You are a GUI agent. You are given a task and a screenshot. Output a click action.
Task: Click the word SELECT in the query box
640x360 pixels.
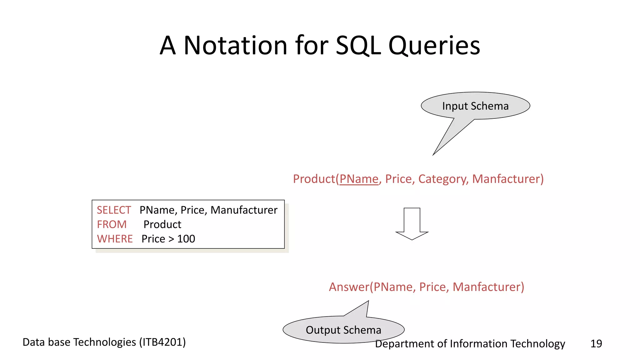pos(114,210)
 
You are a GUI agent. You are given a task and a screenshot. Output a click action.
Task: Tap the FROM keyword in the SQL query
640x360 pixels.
pos(112,224)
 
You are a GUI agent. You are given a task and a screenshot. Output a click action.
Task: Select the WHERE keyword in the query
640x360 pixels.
pos(115,239)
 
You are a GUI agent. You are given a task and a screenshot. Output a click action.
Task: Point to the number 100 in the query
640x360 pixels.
pos(186,239)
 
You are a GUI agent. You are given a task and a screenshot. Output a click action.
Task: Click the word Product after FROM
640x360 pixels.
pos(162,224)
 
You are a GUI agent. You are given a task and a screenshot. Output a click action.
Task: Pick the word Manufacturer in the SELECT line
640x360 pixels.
pos(244,210)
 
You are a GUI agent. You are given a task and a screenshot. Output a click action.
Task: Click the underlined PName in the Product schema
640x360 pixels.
pos(359,179)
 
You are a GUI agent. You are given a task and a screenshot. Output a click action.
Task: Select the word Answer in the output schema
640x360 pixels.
pos(349,287)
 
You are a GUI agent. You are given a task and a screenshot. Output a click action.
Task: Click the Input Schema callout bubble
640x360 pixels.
pos(475,106)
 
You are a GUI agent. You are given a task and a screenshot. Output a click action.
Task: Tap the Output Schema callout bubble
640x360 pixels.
pos(343,330)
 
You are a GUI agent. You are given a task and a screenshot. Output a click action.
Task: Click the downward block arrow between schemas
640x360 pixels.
pos(412,224)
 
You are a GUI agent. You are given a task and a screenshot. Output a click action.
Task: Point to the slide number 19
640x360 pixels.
pos(596,343)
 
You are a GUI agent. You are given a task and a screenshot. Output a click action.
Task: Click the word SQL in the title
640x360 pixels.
pos(358,46)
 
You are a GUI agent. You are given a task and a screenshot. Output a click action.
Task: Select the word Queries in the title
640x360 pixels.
pos(434,46)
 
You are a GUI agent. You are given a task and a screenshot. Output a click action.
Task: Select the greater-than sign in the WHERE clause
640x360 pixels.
pos(171,239)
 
